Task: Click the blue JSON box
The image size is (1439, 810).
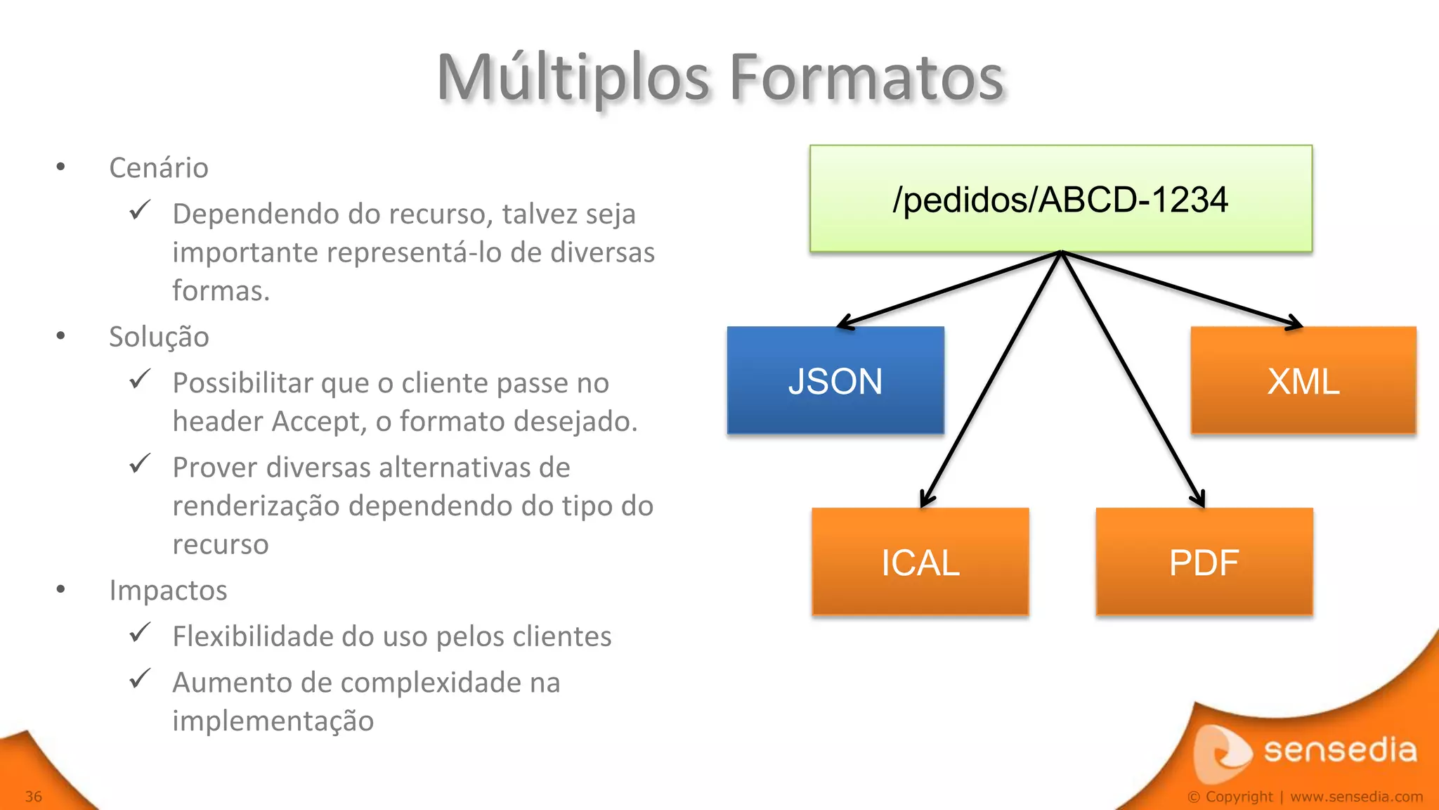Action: click(835, 380)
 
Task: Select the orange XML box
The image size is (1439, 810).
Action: click(1303, 380)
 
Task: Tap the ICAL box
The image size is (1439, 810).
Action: click(920, 562)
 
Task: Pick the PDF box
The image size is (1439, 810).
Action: click(1204, 562)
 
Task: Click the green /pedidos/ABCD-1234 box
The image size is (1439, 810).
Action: click(1060, 198)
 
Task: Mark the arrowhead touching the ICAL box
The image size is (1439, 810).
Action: click(925, 501)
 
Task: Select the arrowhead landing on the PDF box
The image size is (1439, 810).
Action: click(1199, 500)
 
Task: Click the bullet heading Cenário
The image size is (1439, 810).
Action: click(159, 168)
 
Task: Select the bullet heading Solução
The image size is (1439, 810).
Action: click(159, 337)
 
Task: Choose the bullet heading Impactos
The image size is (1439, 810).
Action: click(168, 590)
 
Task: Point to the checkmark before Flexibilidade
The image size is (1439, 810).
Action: click(140, 633)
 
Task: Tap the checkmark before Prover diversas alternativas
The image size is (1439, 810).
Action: click(140, 464)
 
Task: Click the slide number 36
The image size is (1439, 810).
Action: click(34, 797)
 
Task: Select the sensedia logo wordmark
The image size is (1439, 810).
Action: click(1340, 750)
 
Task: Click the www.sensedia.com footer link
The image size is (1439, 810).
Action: click(1356, 797)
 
